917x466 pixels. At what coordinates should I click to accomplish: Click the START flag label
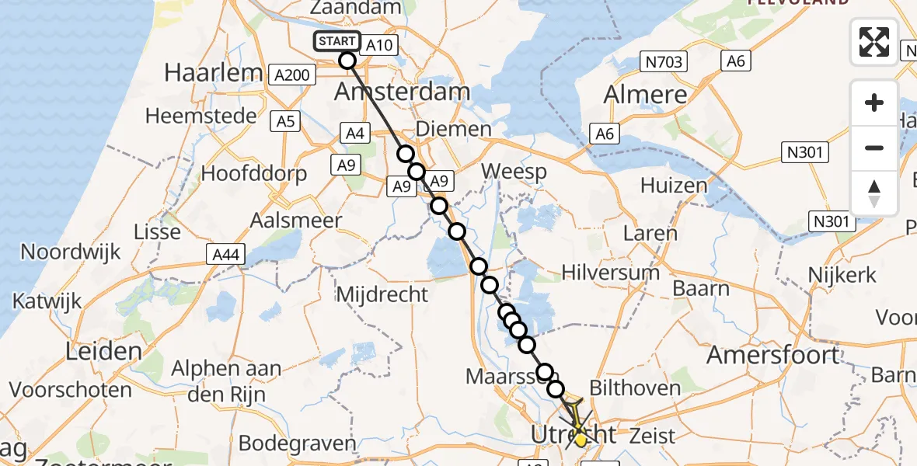(337, 41)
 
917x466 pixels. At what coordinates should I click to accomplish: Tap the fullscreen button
(874, 42)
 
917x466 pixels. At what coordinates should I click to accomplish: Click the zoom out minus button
(874, 148)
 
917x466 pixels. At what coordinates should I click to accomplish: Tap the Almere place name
(646, 96)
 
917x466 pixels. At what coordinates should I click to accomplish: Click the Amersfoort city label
(773, 356)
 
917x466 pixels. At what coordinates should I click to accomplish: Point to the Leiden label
(103, 351)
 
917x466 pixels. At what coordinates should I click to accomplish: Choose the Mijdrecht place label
(382, 294)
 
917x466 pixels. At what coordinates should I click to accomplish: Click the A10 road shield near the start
(379, 46)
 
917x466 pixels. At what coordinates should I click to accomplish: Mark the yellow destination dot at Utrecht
(580, 440)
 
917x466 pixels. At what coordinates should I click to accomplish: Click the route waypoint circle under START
(347, 61)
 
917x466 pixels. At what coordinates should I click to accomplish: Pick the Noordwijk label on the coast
(71, 252)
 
